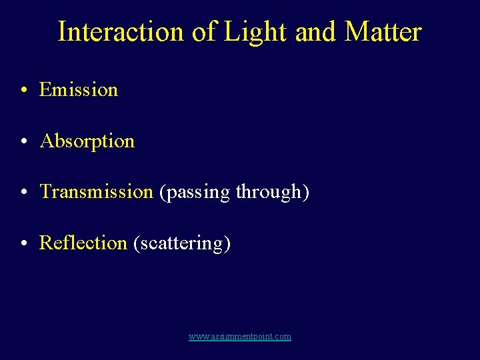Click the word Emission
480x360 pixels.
(x=79, y=89)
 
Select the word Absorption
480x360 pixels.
(x=87, y=141)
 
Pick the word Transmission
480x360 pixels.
(x=97, y=192)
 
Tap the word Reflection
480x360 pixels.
(x=83, y=243)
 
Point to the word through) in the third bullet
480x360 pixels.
(x=272, y=193)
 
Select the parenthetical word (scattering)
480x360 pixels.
(x=182, y=243)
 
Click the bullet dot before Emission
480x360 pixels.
(x=23, y=91)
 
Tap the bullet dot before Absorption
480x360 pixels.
(x=23, y=142)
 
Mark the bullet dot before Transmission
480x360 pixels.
(x=23, y=193)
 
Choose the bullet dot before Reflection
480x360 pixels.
(x=23, y=244)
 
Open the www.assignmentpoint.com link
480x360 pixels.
(x=240, y=337)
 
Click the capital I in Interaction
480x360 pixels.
(x=62, y=32)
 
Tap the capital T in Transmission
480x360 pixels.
(x=45, y=192)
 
